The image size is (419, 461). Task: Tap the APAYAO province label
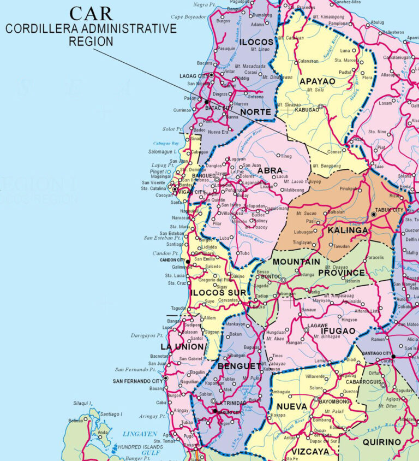[x=317, y=81]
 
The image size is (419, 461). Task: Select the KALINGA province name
[x=348, y=230]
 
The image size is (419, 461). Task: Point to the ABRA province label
[x=270, y=170]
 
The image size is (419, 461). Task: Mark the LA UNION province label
[x=182, y=347]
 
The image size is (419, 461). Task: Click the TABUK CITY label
[x=391, y=210]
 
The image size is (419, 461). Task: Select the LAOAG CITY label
[x=194, y=75]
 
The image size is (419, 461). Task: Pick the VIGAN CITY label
[x=192, y=192]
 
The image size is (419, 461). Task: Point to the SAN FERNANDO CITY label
[x=138, y=381]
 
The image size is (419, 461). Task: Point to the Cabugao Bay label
[x=168, y=143]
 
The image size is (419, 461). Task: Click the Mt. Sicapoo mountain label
[x=289, y=104]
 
